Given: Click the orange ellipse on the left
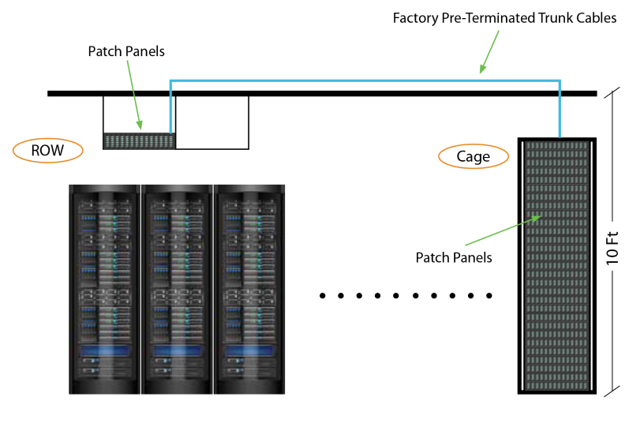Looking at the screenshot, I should (x=48, y=150).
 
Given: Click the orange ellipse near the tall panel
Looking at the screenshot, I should (x=474, y=156).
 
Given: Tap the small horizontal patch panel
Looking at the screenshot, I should (x=139, y=141).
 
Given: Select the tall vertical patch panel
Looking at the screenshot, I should (x=556, y=265).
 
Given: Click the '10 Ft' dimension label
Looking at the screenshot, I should (x=612, y=245).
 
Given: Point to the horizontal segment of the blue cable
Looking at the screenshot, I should (x=363, y=80).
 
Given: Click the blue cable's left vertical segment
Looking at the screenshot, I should (x=170, y=107).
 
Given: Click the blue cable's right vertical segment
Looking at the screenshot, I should (x=560, y=109).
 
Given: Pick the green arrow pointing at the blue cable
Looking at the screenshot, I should (x=489, y=52).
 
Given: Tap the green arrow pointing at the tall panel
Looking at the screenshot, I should (x=502, y=230).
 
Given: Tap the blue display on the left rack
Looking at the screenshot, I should (x=103, y=350).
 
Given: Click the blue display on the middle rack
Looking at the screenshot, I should (x=177, y=350).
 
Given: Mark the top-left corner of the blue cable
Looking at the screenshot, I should (x=171, y=80).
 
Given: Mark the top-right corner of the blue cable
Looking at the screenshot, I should (x=560, y=80).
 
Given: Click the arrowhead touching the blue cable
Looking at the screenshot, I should (x=481, y=70).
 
